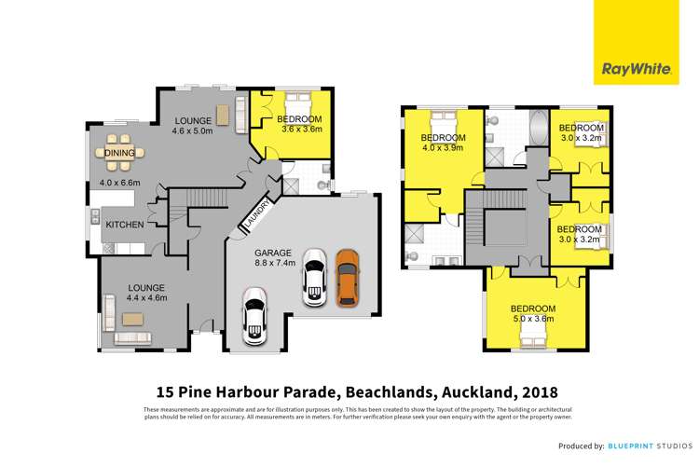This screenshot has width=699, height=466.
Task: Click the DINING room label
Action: tap(119, 153)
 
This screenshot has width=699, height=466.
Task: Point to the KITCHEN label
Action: tap(123, 226)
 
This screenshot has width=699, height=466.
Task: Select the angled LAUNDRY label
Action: tap(258, 212)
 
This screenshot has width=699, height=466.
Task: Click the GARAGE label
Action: tap(275, 253)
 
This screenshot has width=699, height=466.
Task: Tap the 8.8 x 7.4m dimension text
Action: tap(275, 264)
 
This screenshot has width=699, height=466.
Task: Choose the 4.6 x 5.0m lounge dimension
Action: tap(194, 131)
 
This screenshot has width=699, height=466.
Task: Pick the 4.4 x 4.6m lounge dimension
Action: tap(146, 298)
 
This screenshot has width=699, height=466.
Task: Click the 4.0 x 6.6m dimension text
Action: tap(119, 184)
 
